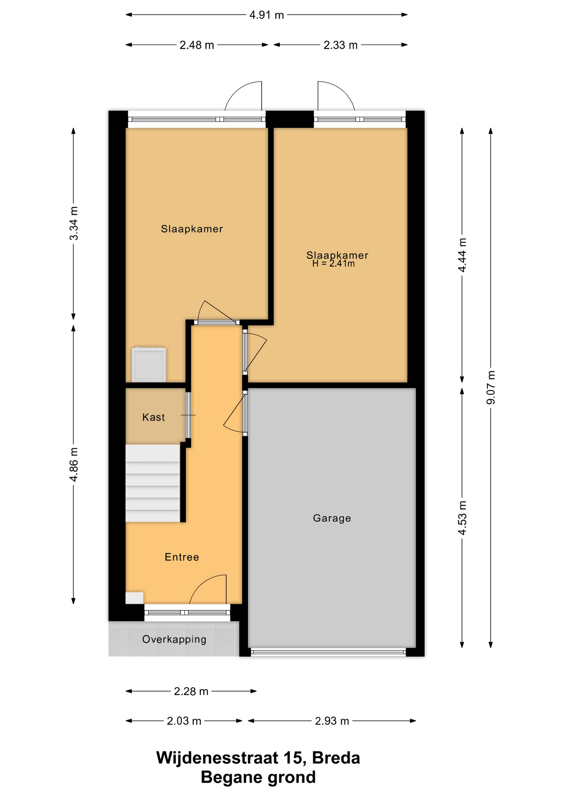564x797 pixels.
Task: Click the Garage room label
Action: [x=332, y=518]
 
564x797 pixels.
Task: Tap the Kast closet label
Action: [x=154, y=417]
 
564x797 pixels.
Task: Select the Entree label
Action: [x=182, y=557]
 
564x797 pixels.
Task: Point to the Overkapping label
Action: [x=174, y=639]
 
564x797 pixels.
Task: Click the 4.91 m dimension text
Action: [x=267, y=15]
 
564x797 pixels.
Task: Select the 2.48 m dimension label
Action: [x=197, y=45]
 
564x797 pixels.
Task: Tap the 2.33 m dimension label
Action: [x=341, y=45]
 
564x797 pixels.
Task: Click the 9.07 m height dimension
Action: [x=491, y=387]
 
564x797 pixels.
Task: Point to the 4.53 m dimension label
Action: [x=462, y=518]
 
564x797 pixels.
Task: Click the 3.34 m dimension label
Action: [x=74, y=223]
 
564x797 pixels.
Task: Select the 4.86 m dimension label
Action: [x=74, y=465]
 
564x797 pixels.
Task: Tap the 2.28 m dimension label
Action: [x=191, y=692]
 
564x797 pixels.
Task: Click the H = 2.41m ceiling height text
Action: [x=333, y=264]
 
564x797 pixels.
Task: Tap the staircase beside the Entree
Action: [x=153, y=483]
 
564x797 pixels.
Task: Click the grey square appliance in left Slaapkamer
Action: [x=149, y=365]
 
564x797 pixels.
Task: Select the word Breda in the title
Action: [x=336, y=758]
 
